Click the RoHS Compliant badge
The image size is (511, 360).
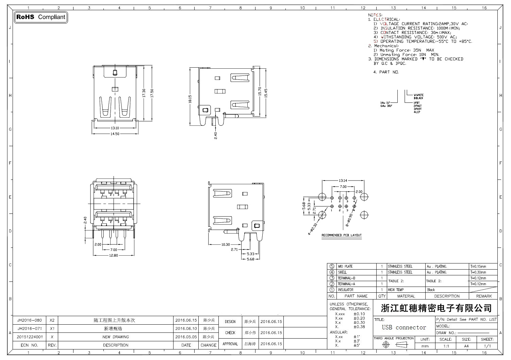[40, 17]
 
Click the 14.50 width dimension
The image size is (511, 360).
[115, 134]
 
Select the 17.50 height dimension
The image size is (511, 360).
[152, 93]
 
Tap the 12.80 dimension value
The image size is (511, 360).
[113, 255]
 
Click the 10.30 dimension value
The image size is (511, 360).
[226, 244]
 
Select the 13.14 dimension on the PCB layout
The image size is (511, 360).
[343, 181]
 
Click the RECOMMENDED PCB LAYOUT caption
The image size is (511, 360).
[342, 235]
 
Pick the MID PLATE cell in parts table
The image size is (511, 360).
[345, 267]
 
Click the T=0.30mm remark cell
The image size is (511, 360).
[478, 272]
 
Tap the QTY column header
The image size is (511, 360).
[382, 296]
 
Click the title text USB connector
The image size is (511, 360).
[404, 328]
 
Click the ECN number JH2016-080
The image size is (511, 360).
[30, 320]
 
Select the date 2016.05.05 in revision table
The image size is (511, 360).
[186, 337]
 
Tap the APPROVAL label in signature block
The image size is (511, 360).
[230, 344]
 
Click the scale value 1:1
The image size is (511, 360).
[446, 346]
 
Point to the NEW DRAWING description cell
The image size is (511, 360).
[116, 337]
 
